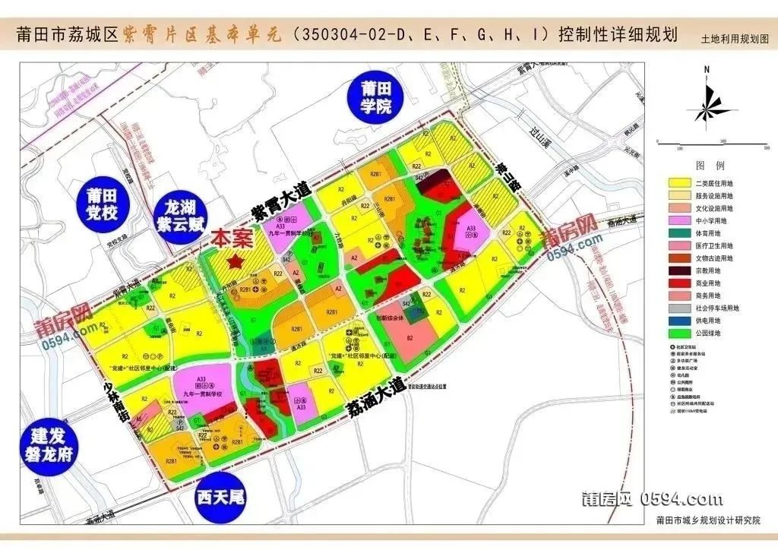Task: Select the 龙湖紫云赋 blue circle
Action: pyautogui.click(x=180, y=216)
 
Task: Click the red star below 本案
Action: pyautogui.click(x=236, y=261)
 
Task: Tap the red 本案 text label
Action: pyautogui.click(x=232, y=239)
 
